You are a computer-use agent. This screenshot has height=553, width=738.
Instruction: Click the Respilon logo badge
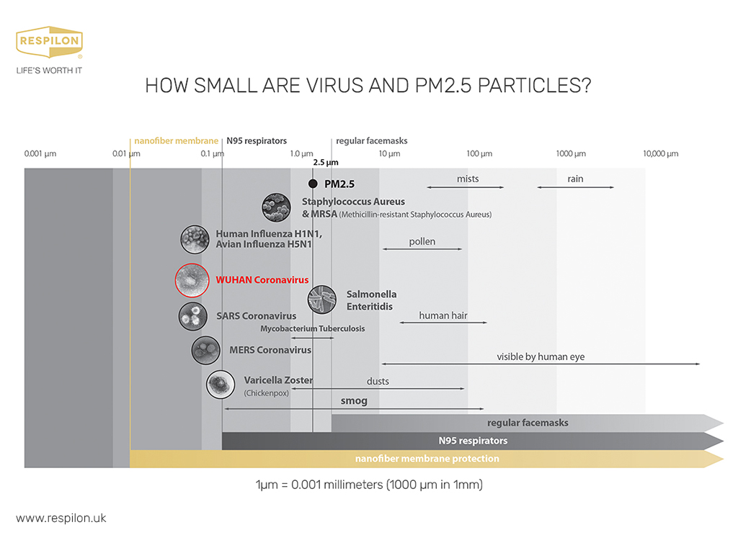tap(50, 42)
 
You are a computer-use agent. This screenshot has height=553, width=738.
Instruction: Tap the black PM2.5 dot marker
tap(313, 184)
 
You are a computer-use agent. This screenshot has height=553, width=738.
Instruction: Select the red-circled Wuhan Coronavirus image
tap(192, 280)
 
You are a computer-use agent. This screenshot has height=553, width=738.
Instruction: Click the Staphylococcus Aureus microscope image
tap(276, 207)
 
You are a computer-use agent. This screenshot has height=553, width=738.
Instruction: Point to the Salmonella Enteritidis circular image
tap(322, 299)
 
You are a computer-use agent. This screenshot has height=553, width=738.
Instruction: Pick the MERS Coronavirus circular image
tap(205, 350)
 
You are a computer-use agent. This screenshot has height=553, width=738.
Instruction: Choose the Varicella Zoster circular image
tap(221, 385)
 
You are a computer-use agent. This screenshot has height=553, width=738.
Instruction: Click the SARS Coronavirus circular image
tap(193, 316)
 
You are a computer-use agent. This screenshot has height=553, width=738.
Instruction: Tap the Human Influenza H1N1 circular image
tap(195, 239)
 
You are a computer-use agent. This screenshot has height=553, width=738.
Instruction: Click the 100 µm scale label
tap(479, 154)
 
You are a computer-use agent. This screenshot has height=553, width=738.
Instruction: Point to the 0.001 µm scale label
tap(40, 154)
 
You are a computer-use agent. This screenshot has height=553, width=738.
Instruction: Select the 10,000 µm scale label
tap(661, 154)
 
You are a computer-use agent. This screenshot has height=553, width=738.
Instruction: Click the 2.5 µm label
tap(326, 162)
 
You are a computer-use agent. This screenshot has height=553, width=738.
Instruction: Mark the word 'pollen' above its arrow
tap(422, 242)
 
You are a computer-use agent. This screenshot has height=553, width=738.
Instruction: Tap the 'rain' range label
tap(575, 179)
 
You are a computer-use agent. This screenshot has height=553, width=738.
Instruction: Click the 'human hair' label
tap(443, 315)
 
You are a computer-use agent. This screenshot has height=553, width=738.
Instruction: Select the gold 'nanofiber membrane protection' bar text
tap(427, 459)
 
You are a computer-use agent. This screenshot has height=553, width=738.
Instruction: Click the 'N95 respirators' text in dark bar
tap(473, 441)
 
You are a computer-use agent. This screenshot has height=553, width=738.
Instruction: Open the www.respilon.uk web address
tap(61, 518)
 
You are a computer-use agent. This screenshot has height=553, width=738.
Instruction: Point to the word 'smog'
tap(354, 400)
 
